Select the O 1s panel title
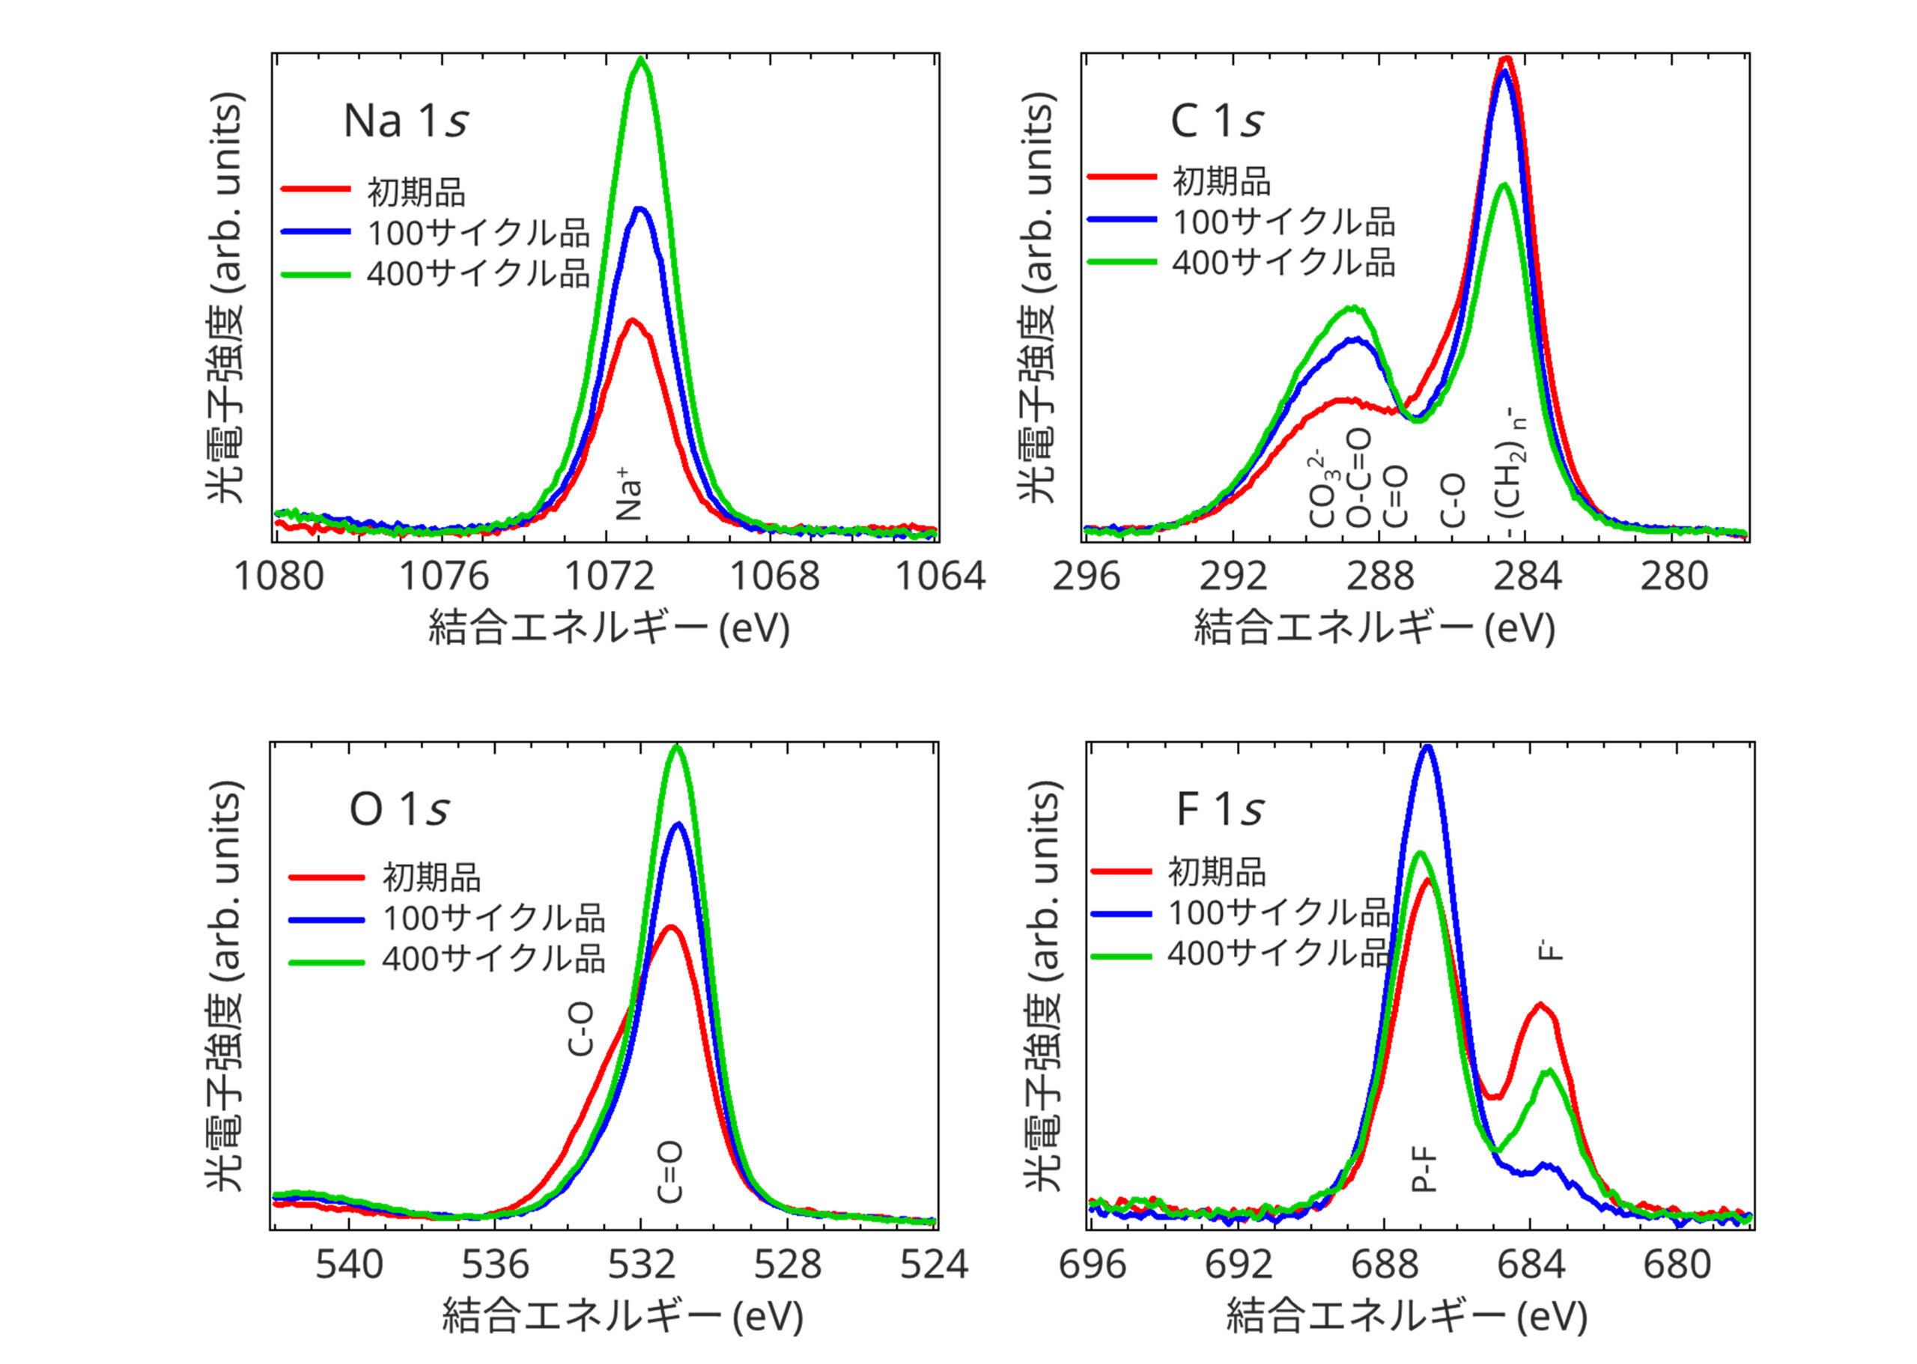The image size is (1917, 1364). pos(399,809)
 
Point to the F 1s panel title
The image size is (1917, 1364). pos(1220,809)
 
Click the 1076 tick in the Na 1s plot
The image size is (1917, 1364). pos(443,577)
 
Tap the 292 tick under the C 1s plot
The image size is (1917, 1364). pos(1233,577)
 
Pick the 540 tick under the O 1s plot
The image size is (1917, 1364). pos(349,1264)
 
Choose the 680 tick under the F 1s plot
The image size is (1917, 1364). pos(1677,1264)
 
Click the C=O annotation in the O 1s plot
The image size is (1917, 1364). pos(669,1172)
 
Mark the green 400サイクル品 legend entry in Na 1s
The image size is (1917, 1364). pos(477,274)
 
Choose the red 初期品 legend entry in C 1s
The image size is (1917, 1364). pos(1221,180)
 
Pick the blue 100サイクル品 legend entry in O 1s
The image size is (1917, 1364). pos(493,918)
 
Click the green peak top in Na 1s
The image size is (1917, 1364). pos(642,59)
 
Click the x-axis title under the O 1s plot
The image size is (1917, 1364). pos(622,1317)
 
